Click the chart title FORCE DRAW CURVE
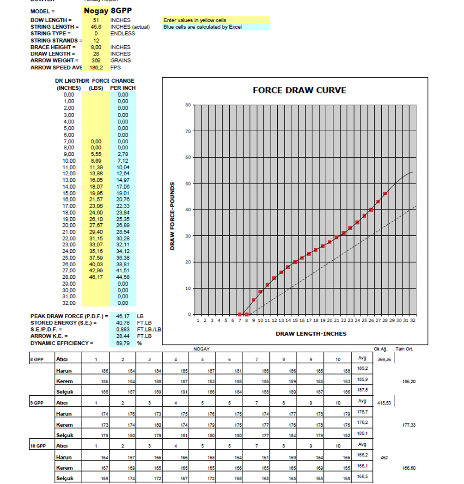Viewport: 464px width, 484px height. tap(299, 90)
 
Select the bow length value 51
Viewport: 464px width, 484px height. tap(96, 20)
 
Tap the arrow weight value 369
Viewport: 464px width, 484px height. tap(96, 61)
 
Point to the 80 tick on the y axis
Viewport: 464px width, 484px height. tap(188, 105)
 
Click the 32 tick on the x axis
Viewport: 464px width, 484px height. tap(413, 320)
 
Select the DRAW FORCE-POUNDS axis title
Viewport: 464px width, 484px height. tap(172, 216)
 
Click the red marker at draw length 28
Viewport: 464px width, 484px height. tap(385, 194)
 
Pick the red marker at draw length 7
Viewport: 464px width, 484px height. tap(239, 314)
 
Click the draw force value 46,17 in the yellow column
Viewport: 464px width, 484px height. tap(96, 277)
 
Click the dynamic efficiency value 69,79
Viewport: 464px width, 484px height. tap(122, 343)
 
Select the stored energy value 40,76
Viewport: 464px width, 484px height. tap(122, 323)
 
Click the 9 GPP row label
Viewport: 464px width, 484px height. tap(37, 403)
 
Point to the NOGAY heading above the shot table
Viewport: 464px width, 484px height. tap(201, 349)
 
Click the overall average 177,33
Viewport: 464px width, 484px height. tap(409, 425)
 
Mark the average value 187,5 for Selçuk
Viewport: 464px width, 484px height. tap(362, 390)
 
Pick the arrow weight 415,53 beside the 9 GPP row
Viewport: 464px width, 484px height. tap(385, 403)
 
